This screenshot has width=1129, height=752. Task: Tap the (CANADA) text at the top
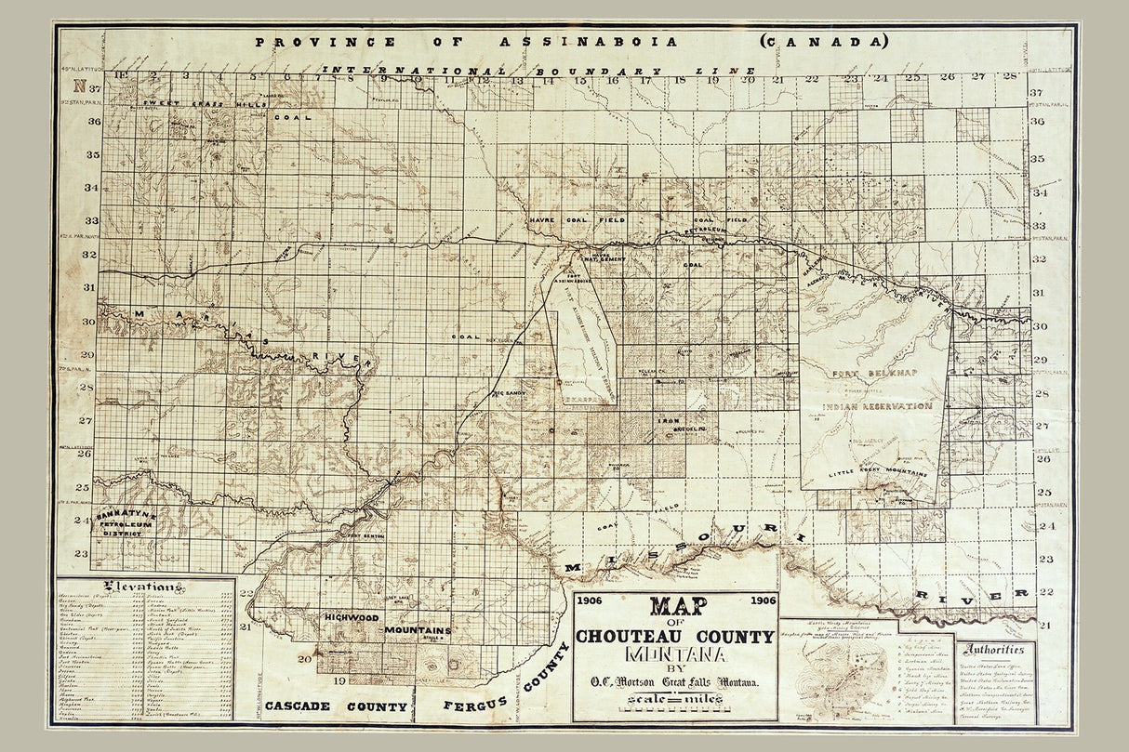pos(824,42)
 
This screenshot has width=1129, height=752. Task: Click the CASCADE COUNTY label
pos(336,706)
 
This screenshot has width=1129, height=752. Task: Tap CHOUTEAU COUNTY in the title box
pos(674,637)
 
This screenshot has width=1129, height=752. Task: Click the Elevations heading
pos(145,587)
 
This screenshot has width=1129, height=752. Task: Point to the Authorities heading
pos(996,650)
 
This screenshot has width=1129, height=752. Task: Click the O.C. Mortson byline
pos(675,683)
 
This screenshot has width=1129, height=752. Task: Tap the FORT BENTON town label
pos(361,536)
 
